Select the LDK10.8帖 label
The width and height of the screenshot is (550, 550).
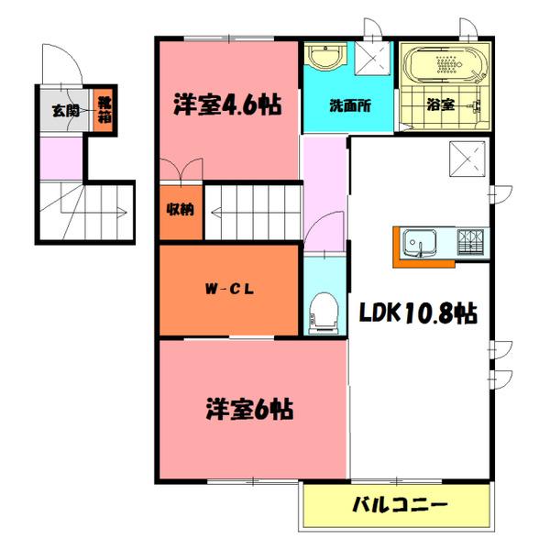coord(417,314)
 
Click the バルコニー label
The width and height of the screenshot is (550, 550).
coord(398,504)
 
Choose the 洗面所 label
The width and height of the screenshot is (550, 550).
coord(348,104)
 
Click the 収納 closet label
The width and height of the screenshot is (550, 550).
coord(180,209)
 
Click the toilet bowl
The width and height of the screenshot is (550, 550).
coord(323,312)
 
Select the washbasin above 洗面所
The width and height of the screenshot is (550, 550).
coord(324,58)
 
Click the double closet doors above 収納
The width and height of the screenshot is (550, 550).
coord(179,170)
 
